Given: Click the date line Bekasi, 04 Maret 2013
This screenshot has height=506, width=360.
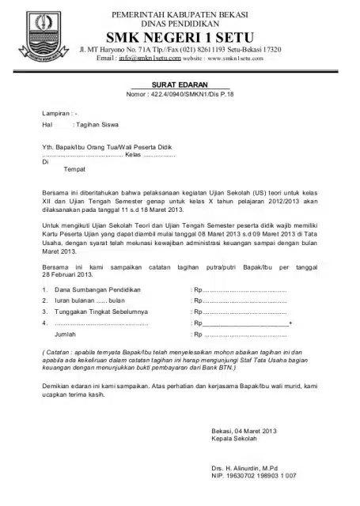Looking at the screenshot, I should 241,430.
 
